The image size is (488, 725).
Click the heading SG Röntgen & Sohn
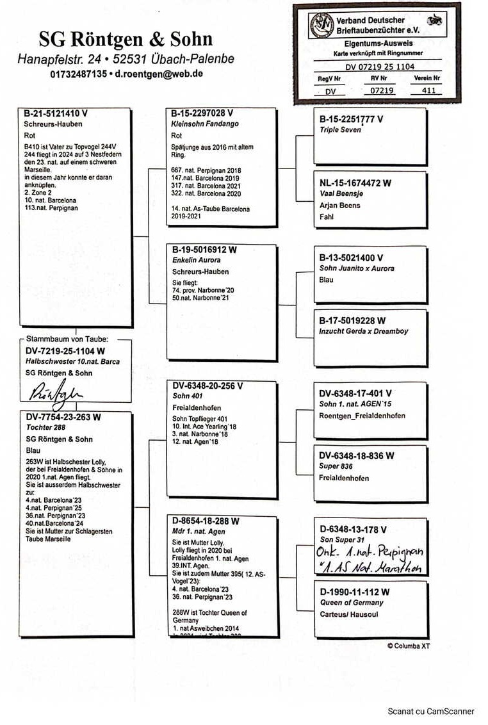coord(125,40)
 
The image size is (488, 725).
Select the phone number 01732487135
coord(78,74)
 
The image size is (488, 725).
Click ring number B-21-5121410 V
coord(56,113)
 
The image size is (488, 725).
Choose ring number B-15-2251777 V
coord(351,119)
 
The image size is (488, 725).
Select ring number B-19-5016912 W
coord(204,250)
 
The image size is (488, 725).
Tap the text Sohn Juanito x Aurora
coord(357,268)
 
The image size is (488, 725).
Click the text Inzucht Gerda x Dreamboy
coord(363,331)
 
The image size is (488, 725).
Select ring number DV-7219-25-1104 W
coord(65,351)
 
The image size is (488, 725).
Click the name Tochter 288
coord(47,427)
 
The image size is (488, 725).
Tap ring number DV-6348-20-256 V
coord(207,386)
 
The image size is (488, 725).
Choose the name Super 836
coord(336,466)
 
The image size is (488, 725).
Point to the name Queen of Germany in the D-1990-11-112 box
coord(351,603)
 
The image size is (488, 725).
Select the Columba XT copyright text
coord(408,646)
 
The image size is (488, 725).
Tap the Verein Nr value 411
coord(428,90)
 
